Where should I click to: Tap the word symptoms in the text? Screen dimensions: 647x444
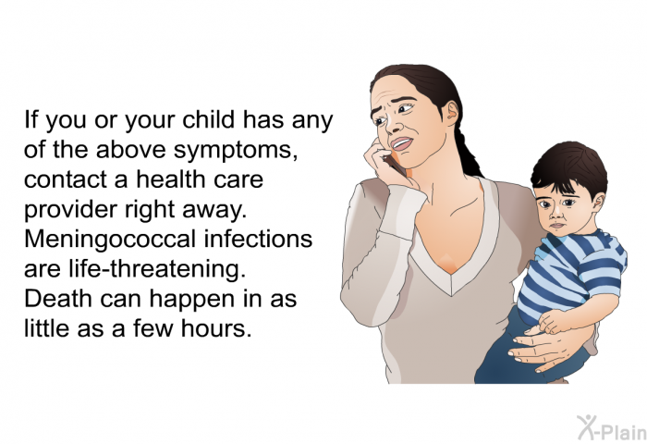click(x=235, y=151)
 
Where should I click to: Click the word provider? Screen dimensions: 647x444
click(x=70, y=210)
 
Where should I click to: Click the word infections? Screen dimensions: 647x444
click(x=258, y=239)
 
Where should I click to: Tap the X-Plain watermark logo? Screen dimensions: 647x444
click(x=612, y=427)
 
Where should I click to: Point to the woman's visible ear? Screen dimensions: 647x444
click(x=452, y=113)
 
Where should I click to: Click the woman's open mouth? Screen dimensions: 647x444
click(x=401, y=143)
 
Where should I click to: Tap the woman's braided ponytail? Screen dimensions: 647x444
click(x=469, y=153)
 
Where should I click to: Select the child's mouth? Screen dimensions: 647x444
click(x=557, y=226)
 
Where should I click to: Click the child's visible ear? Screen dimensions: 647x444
click(x=598, y=203)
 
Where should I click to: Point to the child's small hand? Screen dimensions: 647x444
click(x=553, y=321)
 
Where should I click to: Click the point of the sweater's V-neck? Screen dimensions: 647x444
click(x=451, y=294)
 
